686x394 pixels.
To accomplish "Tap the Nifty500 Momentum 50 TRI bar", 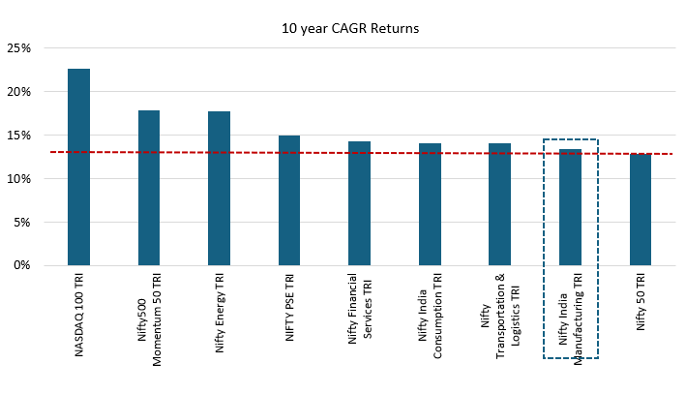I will point(149,188).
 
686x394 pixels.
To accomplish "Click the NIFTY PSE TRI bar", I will point(289,200).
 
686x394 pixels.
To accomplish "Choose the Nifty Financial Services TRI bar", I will point(359,203).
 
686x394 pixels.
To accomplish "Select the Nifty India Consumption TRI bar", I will point(430,204).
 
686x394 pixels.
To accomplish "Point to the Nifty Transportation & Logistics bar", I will point(499,204).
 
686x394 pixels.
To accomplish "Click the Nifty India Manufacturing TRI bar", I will point(570,207).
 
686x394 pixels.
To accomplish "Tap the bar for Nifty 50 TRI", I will point(640,209).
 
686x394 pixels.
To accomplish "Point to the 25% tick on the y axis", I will point(19,48).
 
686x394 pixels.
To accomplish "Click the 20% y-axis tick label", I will point(19,92).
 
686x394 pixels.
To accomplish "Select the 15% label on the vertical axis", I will point(19,136).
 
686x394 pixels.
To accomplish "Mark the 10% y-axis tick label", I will point(19,179).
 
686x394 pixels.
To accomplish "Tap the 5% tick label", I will point(22,222).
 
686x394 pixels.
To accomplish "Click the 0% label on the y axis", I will point(22,265).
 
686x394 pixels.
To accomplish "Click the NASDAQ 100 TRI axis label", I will point(79,315).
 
